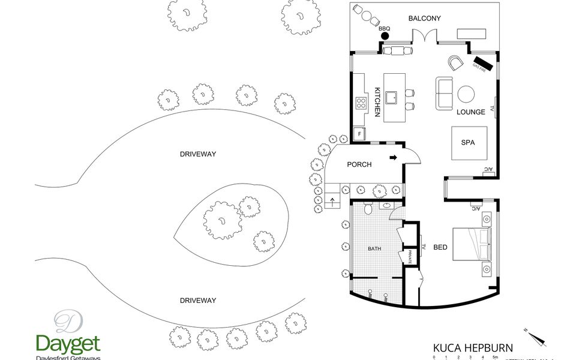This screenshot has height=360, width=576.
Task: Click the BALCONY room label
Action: click(x=424, y=19)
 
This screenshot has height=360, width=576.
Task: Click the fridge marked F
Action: click(x=359, y=134)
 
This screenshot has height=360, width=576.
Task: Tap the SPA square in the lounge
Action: click(x=468, y=143)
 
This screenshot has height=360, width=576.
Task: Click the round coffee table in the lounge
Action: click(x=466, y=94)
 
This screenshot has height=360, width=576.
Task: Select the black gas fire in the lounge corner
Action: click(x=482, y=62)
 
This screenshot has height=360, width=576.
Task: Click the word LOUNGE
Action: click(x=470, y=112)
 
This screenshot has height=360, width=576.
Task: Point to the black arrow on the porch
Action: click(x=394, y=158)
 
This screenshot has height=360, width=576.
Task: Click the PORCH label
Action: click(x=359, y=165)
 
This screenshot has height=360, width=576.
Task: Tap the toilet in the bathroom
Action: click(x=368, y=209)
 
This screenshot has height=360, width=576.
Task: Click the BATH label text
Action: click(x=374, y=248)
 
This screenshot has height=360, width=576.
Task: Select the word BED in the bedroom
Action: click(x=440, y=247)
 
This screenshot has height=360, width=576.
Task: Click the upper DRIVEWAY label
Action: click(x=198, y=154)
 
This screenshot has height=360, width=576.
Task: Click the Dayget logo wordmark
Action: click(x=68, y=344)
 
